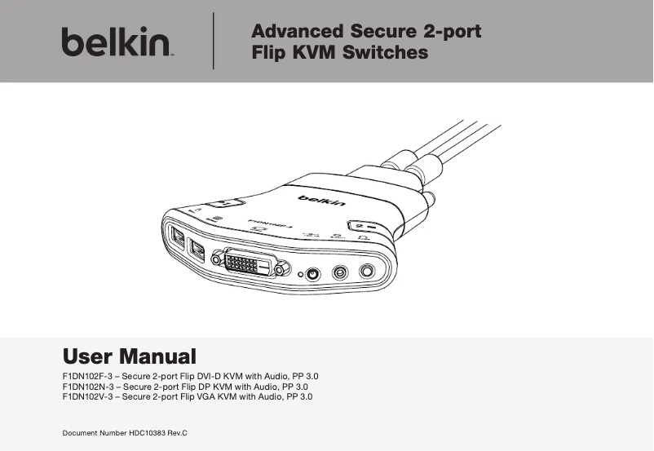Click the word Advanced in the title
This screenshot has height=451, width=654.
(x=296, y=32)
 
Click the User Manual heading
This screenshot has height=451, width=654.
(x=130, y=356)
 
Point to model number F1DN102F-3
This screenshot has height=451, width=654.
(x=86, y=376)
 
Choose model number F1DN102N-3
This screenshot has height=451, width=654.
(x=86, y=387)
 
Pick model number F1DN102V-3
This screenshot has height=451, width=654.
(x=86, y=396)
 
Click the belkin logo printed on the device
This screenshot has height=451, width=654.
(x=320, y=200)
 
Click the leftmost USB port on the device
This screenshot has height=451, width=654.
(x=178, y=237)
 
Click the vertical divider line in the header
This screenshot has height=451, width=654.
(x=214, y=41)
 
